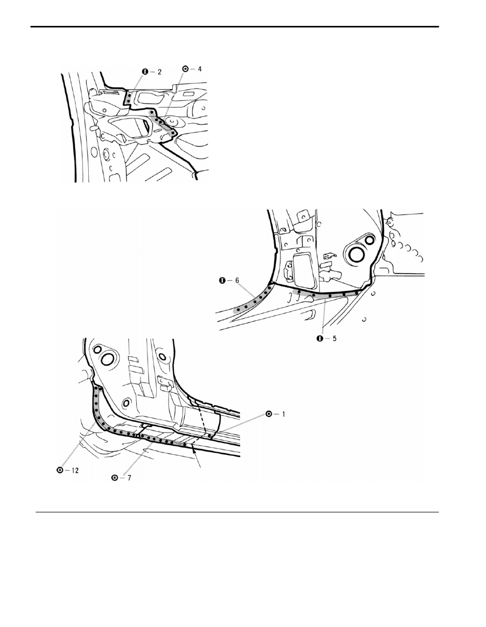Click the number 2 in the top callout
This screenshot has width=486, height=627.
[160, 72]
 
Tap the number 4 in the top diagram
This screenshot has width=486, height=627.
[199, 69]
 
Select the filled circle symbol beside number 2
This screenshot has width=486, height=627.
[145, 72]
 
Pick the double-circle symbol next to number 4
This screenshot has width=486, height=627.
[185, 69]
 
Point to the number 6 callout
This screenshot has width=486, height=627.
[237, 280]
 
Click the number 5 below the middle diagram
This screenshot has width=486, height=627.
[334, 339]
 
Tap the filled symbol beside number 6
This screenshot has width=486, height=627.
[222, 280]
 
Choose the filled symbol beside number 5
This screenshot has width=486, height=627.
[320, 339]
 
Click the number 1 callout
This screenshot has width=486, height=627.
[283, 414]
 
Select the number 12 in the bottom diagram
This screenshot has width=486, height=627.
[75, 470]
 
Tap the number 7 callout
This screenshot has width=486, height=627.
[129, 478]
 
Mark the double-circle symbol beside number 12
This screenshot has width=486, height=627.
[60, 470]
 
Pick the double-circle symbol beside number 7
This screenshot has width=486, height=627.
[115, 478]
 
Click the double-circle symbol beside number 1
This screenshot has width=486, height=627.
[269, 414]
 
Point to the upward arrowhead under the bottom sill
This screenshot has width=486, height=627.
[194, 450]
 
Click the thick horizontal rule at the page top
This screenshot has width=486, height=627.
[235, 27]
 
